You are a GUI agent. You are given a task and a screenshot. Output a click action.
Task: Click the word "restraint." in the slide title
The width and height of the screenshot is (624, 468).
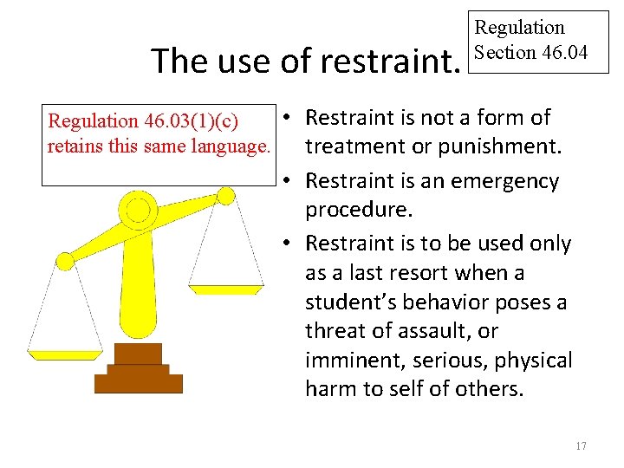[390, 62]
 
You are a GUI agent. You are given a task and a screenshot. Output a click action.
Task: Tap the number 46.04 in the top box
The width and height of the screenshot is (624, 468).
[564, 53]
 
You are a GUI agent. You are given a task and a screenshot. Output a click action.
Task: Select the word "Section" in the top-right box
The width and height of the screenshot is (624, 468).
[505, 53]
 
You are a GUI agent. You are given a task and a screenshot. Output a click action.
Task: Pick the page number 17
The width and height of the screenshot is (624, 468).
[581, 445]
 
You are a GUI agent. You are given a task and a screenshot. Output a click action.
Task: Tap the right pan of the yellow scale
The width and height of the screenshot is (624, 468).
[225, 289]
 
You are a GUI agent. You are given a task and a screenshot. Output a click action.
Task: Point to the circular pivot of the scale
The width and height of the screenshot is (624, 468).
[137, 209]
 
